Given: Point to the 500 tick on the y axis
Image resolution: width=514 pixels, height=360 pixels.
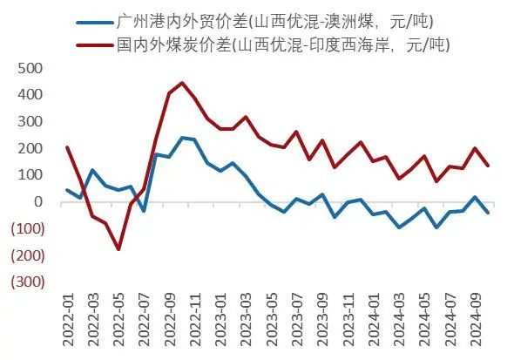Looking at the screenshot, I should [30, 67].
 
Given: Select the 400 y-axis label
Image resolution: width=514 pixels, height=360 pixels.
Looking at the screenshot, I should [30, 94].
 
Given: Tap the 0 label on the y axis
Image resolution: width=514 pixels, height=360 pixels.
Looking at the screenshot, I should [37, 201].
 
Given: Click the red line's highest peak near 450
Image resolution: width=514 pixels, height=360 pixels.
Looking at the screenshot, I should [181, 83].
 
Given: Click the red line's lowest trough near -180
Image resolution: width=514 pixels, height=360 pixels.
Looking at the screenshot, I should [118, 249].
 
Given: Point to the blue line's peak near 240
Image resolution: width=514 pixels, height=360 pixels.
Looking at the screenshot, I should [182, 137].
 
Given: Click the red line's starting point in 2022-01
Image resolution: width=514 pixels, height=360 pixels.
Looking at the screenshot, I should [67, 147].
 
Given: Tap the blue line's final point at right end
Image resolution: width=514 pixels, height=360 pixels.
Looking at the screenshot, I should [487, 213].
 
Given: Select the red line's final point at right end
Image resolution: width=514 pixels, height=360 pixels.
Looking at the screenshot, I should [487, 166].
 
